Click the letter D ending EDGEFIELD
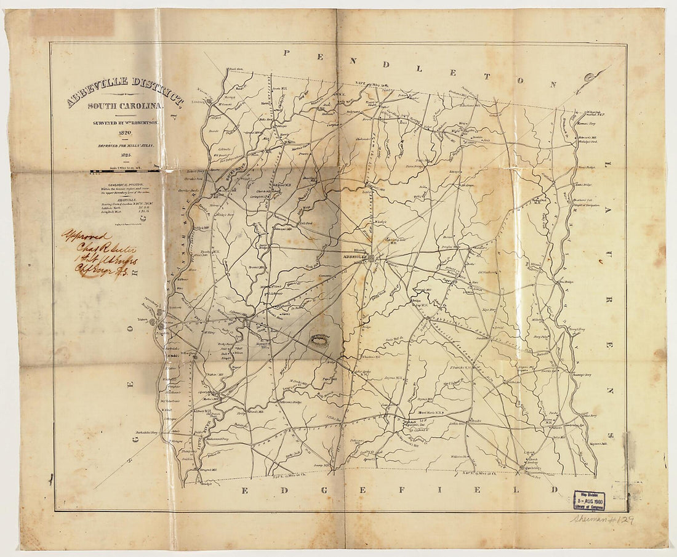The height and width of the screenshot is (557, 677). pos(555,490)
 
